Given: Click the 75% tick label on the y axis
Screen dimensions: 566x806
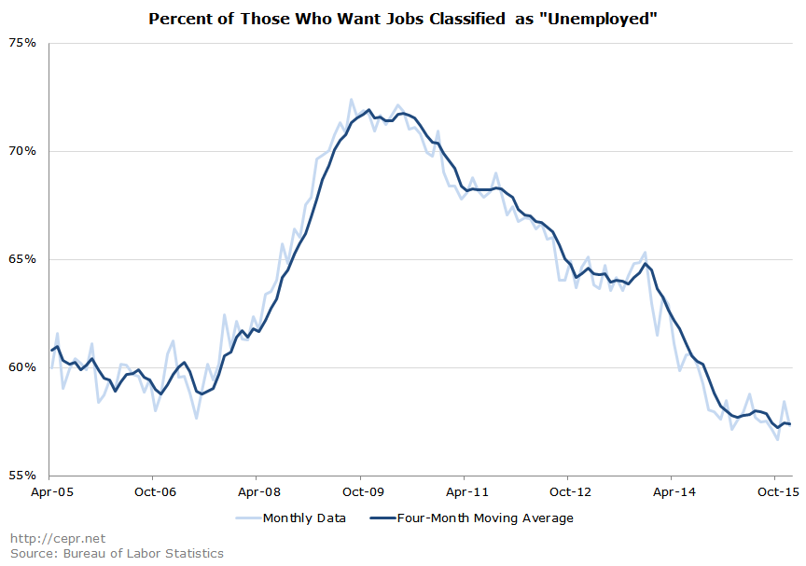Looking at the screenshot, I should (x=23, y=43).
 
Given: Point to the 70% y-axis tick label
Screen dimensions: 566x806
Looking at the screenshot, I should (x=23, y=151).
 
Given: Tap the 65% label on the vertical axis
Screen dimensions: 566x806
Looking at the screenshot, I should (x=23, y=259).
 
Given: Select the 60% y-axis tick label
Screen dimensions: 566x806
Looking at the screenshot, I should (x=23, y=367).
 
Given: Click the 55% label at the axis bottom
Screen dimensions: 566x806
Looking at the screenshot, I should (x=23, y=475).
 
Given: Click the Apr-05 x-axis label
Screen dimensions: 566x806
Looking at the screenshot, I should (x=50, y=490).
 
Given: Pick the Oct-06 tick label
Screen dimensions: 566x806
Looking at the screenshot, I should (x=155, y=490).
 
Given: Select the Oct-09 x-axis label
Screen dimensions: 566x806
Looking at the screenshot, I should (x=363, y=490).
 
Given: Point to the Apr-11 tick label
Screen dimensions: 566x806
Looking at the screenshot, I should (x=467, y=490).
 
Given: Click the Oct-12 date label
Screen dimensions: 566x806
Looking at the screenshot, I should (x=571, y=490).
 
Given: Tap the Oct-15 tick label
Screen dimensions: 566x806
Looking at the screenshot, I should (x=775, y=490).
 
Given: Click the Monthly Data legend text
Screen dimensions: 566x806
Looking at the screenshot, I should (x=304, y=518).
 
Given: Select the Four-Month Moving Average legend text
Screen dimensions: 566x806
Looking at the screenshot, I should (x=484, y=518).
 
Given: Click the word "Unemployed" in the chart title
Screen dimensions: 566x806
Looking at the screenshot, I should (x=597, y=19).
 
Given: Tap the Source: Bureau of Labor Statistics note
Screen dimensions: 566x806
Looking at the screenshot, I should (x=117, y=553).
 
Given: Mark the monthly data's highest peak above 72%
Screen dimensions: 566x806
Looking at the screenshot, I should (x=352, y=99).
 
